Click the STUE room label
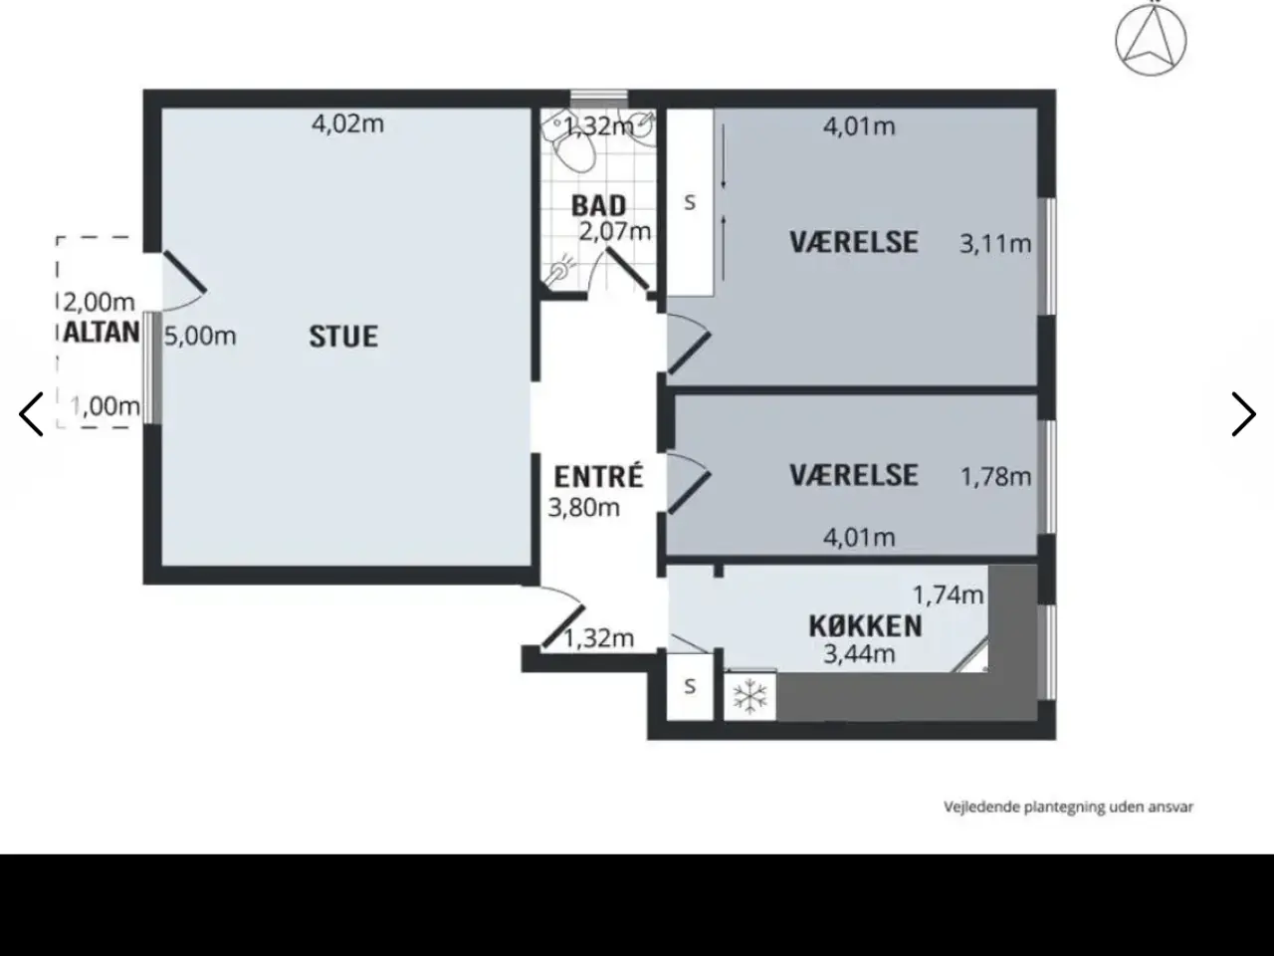[343, 337]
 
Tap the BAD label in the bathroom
[599, 206]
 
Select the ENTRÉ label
[599, 477]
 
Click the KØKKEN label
[865, 626]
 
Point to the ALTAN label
[102, 332]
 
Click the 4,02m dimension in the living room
[347, 124]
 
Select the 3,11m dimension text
[995, 244]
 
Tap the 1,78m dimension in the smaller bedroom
[996, 477]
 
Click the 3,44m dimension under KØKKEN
[859, 654]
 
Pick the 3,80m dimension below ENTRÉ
[584, 508]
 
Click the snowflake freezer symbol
[749, 696]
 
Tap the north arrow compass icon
[1151, 41]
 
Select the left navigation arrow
[31, 414]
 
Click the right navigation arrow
[1244, 414]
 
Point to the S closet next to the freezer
[690, 687]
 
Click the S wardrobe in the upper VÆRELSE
[690, 202]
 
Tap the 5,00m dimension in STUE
[200, 337]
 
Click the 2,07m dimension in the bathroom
[615, 232]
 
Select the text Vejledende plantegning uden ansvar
[1068, 807]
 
